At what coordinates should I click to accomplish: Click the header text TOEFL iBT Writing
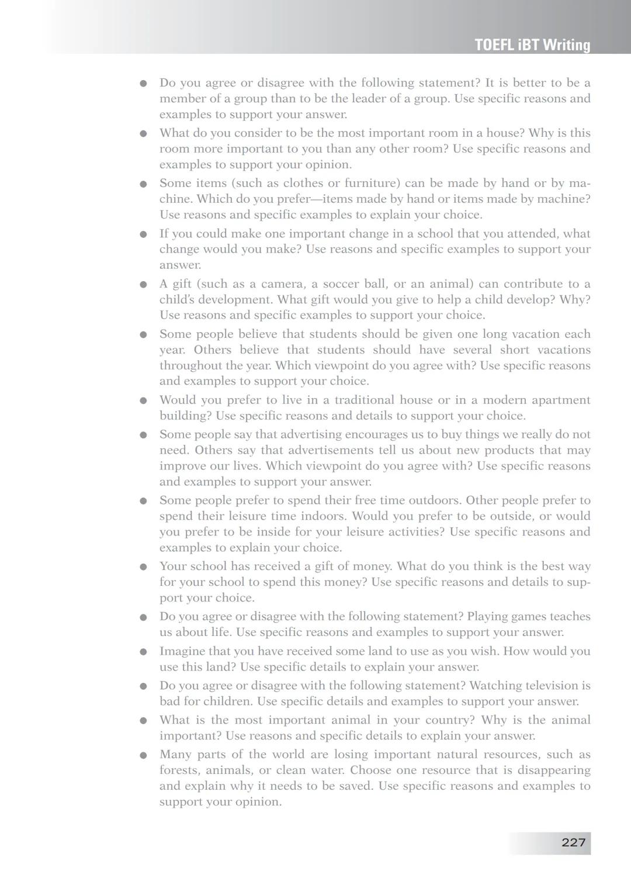(532, 45)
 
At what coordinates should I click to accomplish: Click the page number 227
(573, 842)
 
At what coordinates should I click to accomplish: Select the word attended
(531, 234)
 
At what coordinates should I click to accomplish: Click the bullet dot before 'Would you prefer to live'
(143, 401)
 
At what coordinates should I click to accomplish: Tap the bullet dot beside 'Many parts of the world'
(143, 755)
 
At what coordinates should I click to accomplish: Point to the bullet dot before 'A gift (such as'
(143, 285)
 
